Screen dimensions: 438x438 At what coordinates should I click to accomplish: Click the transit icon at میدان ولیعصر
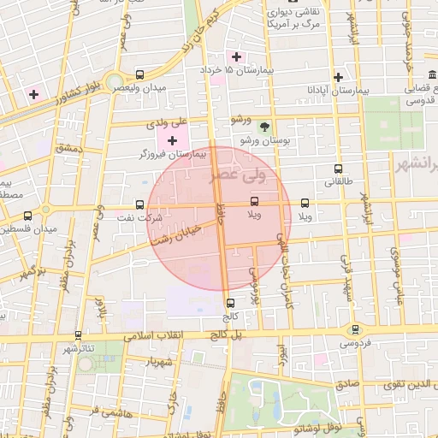tap(140, 75)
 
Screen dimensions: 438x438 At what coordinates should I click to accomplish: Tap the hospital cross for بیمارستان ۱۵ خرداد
tap(237, 56)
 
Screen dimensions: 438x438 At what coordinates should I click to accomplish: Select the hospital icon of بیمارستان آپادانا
tap(339, 77)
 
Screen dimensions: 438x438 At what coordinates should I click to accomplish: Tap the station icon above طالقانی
tap(339, 169)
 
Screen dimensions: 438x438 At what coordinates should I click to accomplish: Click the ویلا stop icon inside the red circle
tap(254, 203)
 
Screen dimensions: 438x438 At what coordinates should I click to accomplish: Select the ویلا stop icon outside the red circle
tap(305, 203)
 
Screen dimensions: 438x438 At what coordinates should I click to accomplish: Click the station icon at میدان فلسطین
tap(29, 216)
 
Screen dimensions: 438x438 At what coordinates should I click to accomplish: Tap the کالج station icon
tap(230, 302)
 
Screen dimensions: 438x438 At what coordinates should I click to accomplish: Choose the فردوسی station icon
tap(354, 329)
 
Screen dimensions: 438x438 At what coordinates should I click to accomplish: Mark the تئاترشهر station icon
tap(79, 335)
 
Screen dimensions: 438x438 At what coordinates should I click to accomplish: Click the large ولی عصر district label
tap(238, 177)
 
